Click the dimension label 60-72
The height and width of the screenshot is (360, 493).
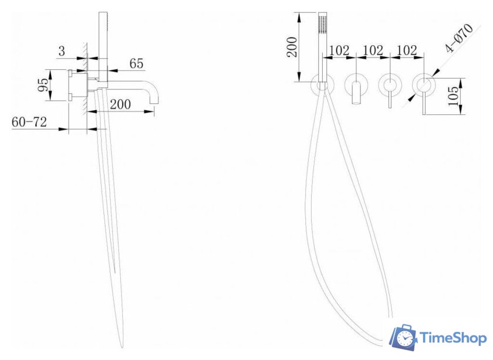(x=29, y=122)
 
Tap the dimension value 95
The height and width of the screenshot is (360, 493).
(x=43, y=84)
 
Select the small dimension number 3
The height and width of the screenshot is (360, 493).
(x=62, y=51)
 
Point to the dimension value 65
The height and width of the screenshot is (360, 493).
(x=136, y=63)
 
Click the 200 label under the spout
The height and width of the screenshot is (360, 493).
(x=120, y=104)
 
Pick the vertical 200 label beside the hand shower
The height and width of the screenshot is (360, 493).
(x=292, y=47)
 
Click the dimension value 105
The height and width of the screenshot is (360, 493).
(x=453, y=96)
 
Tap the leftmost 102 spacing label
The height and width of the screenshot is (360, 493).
(x=339, y=50)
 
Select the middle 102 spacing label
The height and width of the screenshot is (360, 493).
(x=373, y=50)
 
